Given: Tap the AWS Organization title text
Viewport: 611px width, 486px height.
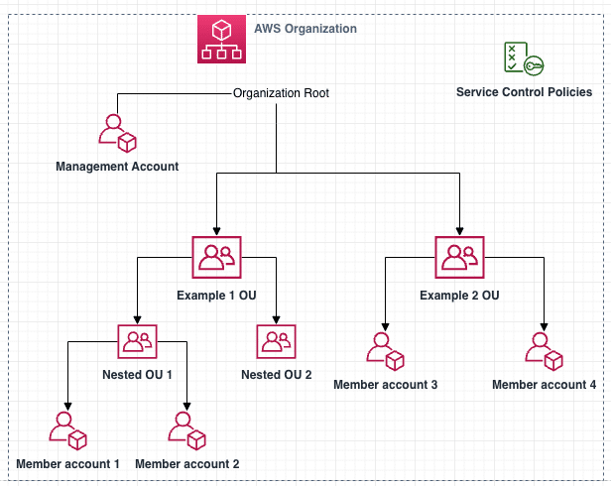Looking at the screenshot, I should point(305,29).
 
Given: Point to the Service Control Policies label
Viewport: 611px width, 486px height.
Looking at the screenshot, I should point(524,92).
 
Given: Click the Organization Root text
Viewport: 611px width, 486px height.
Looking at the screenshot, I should point(281,93).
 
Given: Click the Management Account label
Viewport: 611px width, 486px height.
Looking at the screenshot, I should point(117,166).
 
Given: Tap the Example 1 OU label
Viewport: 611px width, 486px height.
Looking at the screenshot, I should point(216,296).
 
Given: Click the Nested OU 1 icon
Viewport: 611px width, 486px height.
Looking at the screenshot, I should point(137,343).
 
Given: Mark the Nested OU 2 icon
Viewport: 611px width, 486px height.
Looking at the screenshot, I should point(276,343).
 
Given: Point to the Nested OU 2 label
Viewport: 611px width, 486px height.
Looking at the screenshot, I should point(276,375).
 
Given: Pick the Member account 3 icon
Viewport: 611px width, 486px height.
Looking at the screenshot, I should point(385,349).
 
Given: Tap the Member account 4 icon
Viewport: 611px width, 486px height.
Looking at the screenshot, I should point(544,349).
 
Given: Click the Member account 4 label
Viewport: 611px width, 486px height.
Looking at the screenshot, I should point(544,384).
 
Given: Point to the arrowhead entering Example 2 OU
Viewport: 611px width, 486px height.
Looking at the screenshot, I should point(459,230).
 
